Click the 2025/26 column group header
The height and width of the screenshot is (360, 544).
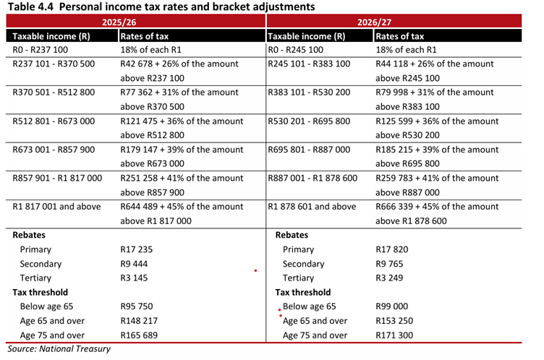tap(135, 22)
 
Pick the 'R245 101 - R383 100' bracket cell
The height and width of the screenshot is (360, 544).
tap(309, 64)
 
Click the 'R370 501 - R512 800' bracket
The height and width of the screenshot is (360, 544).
tap(54, 93)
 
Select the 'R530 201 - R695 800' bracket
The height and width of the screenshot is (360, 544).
tap(309, 121)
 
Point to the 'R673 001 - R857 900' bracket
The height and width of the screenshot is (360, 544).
tap(54, 150)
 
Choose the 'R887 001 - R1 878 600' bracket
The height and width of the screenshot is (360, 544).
tap(313, 178)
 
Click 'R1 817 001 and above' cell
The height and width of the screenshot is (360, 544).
tap(56, 207)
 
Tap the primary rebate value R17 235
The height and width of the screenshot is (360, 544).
tap(135, 249)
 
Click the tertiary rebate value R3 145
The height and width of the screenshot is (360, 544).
tap(133, 278)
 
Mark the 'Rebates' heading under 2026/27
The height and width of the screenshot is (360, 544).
tap(292, 235)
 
